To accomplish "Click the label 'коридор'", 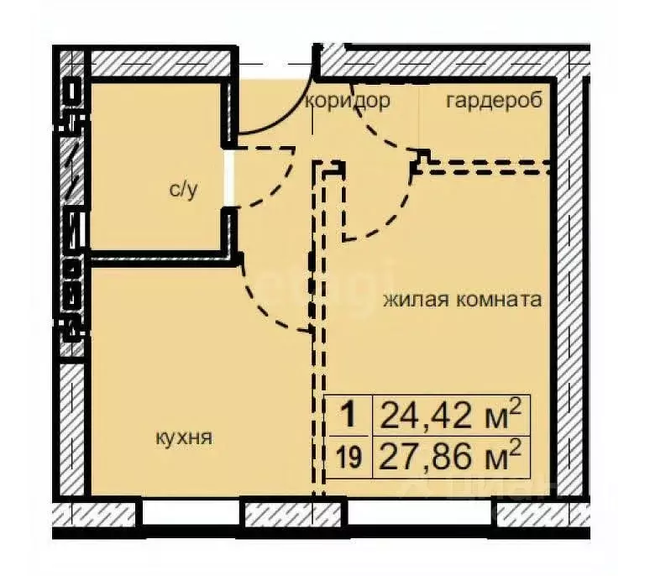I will coord(348,102).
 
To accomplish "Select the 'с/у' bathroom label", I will coord(183,190).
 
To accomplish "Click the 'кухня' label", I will coord(183,437).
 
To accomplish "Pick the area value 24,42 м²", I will coord(451,414).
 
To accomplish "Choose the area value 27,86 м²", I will coord(451,458).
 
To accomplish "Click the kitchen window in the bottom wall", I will coord(191,511).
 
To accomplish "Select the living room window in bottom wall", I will coord(420,511).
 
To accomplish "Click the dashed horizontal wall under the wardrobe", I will coord(487,164).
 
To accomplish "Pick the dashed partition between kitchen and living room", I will coord(317,353).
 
